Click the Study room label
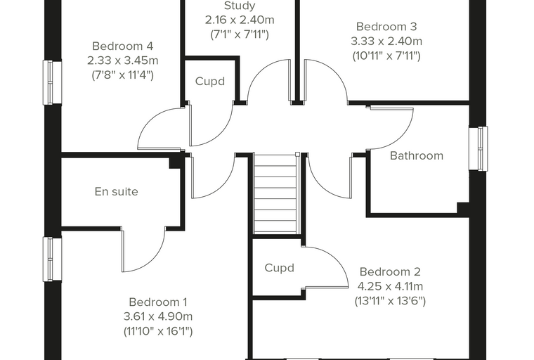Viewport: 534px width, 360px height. coord(240,6)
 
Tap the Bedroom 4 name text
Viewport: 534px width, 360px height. coord(122,46)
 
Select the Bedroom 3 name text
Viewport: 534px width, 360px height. coord(386,26)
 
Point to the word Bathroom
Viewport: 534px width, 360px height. coord(417,156)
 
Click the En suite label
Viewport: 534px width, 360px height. coord(117,191)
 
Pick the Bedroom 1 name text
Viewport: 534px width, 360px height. coord(158,302)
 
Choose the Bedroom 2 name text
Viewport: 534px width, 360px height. coord(390,271)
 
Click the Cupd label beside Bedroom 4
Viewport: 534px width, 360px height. coord(210,82)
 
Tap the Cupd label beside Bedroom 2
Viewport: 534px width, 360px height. coord(279,268)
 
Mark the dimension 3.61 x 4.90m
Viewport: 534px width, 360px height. coord(158,316)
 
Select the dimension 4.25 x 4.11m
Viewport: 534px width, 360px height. coord(390,286)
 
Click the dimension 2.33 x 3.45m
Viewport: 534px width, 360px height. coord(122,60)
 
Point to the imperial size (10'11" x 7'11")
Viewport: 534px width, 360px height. coord(386,56)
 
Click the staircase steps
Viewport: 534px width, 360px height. coord(275,194)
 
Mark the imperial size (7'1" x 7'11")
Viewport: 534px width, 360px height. coord(240,34)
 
